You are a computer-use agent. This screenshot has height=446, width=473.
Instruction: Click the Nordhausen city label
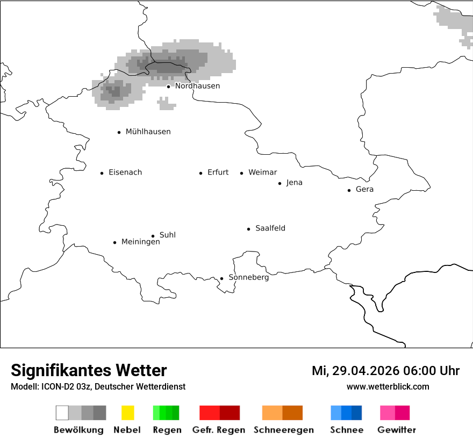(x=197, y=86)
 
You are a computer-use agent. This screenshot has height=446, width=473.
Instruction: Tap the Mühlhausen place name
(x=148, y=132)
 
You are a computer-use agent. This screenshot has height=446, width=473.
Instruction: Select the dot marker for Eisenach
(x=102, y=173)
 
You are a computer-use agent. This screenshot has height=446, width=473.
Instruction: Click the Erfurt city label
(x=218, y=172)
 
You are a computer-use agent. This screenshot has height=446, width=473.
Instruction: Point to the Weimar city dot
(x=241, y=173)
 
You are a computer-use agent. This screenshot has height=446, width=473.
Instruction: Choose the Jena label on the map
(x=294, y=183)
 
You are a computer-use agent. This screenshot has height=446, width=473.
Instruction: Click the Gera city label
(x=364, y=190)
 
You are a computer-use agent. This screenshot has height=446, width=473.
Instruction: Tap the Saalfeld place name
(x=270, y=228)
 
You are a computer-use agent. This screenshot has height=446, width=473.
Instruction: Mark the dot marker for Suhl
(x=153, y=236)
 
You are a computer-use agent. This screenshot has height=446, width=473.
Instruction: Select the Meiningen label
(x=140, y=242)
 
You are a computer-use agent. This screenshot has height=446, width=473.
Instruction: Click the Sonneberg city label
(x=248, y=278)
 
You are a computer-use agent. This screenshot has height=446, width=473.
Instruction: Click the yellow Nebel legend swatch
(x=127, y=413)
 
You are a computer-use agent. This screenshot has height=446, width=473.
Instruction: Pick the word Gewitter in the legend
(x=396, y=430)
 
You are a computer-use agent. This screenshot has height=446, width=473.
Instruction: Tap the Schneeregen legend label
(x=283, y=430)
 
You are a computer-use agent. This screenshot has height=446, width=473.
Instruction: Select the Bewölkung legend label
(x=78, y=430)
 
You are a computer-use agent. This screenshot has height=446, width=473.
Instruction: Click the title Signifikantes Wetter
(x=89, y=371)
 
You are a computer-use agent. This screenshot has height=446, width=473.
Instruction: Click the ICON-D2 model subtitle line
(x=98, y=386)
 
